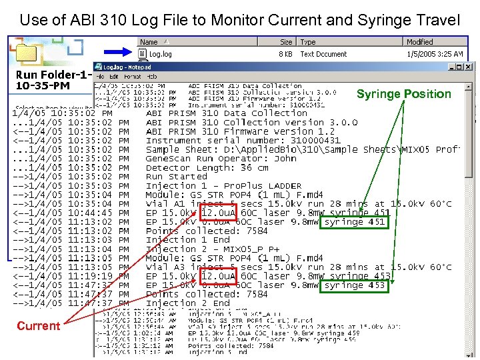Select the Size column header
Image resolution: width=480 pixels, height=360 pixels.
[x=285, y=42]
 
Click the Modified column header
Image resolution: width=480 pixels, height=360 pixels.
[x=419, y=42]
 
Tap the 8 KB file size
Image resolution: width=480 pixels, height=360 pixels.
[x=285, y=54]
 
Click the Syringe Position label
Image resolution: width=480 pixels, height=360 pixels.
[x=404, y=94]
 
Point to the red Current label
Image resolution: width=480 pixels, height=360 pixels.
[x=38, y=326]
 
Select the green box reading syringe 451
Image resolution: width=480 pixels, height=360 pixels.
[x=355, y=222]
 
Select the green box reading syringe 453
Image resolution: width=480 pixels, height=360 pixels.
[x=355, y=285]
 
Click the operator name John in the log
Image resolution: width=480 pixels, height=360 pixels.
[x=285, y=159]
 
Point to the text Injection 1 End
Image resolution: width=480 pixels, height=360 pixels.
[x=187, y=240]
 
